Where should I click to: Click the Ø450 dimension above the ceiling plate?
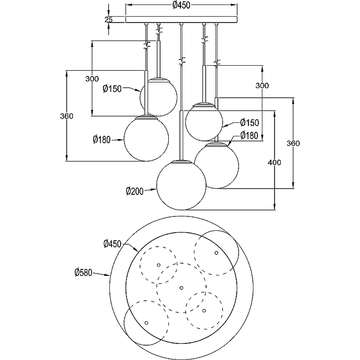pyautogui.click(x=181, y=5)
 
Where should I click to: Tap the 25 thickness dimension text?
pyautogui.click(x=108, y=19)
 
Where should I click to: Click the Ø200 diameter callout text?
pyautogui.click(x=135, y=191)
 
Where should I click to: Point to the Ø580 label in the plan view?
pyautogui.click(x=84, y=272)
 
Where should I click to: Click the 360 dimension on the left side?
pyautogui.click(x=67, y=116)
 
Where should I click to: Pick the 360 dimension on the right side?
pyautogui.click(x=293, y=143)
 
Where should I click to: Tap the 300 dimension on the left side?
pyautogui.click(x=92, y=78)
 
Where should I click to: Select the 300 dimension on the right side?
pyautogui.click(x=262, y=85)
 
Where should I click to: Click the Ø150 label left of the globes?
pyautogui.click(x=112, y=89)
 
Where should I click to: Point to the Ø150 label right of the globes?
pyautogui.click(x=249, y=122)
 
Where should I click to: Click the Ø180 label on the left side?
pyautogui.click(x=102, y=140)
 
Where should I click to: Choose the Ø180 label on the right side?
pyautogui.click(x=249, y=135)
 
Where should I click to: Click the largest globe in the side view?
pyautogui.click(x=181, y=185)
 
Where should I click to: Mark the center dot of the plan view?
pyautogui.click(x=181, y=287)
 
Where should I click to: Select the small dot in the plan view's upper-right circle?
pyautogui.click(x=216, y=253)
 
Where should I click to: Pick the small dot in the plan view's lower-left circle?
pyautogui.click(x=146, y=322)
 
